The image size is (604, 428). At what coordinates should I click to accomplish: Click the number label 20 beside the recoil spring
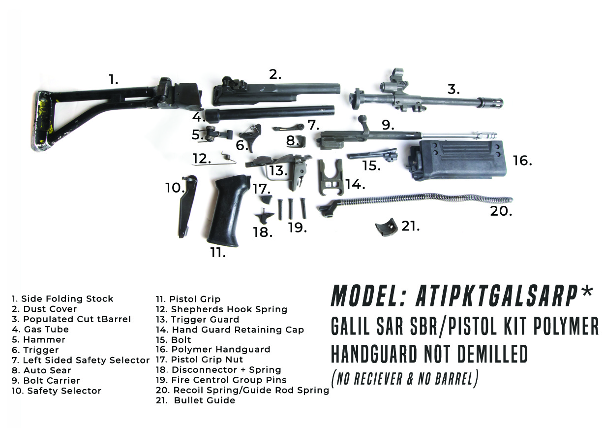pyautogui.click(x=501, y=211)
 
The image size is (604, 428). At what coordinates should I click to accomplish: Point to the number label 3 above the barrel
pyautogui.click(x=453, y=90)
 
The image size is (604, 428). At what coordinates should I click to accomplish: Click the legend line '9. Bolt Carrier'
pyautogui.click(x=46, y=381)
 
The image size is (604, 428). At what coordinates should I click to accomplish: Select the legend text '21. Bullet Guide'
pyautogui.click(x=196, y=400)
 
